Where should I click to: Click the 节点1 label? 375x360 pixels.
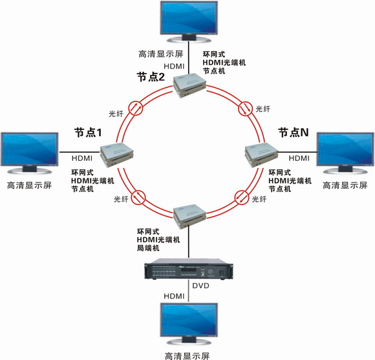(x=88, y=132)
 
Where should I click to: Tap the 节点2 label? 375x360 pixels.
(x=151, y=77)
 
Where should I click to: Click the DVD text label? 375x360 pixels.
(x=200, y=286)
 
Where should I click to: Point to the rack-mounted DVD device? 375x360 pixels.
(x=188, y=269)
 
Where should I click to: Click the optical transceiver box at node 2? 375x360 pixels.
(x=189, y=85)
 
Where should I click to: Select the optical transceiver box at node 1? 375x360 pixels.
(x=117, y=154)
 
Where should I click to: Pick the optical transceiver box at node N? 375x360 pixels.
(x=261, y=155)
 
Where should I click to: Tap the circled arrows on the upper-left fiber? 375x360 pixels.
(x=136, y=108)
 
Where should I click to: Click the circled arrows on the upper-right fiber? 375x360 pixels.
(x=246, y=109)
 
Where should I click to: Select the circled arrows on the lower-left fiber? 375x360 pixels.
(x=139, y=197)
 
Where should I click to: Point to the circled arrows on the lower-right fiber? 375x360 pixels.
(x=241, y=197)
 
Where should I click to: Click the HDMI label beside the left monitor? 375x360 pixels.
(x=82, y=158)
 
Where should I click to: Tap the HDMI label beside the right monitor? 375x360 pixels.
(x=299, y=158)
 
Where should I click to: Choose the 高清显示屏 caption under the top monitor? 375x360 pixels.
(x=161, y=54)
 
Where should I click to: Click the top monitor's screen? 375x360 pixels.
(x=189, y=18)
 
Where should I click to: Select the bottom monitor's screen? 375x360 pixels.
(x=189, y=320)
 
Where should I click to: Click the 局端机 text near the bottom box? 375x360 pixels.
(x=148, y=248)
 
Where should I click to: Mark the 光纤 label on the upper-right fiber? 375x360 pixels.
(x=263, y=109)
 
